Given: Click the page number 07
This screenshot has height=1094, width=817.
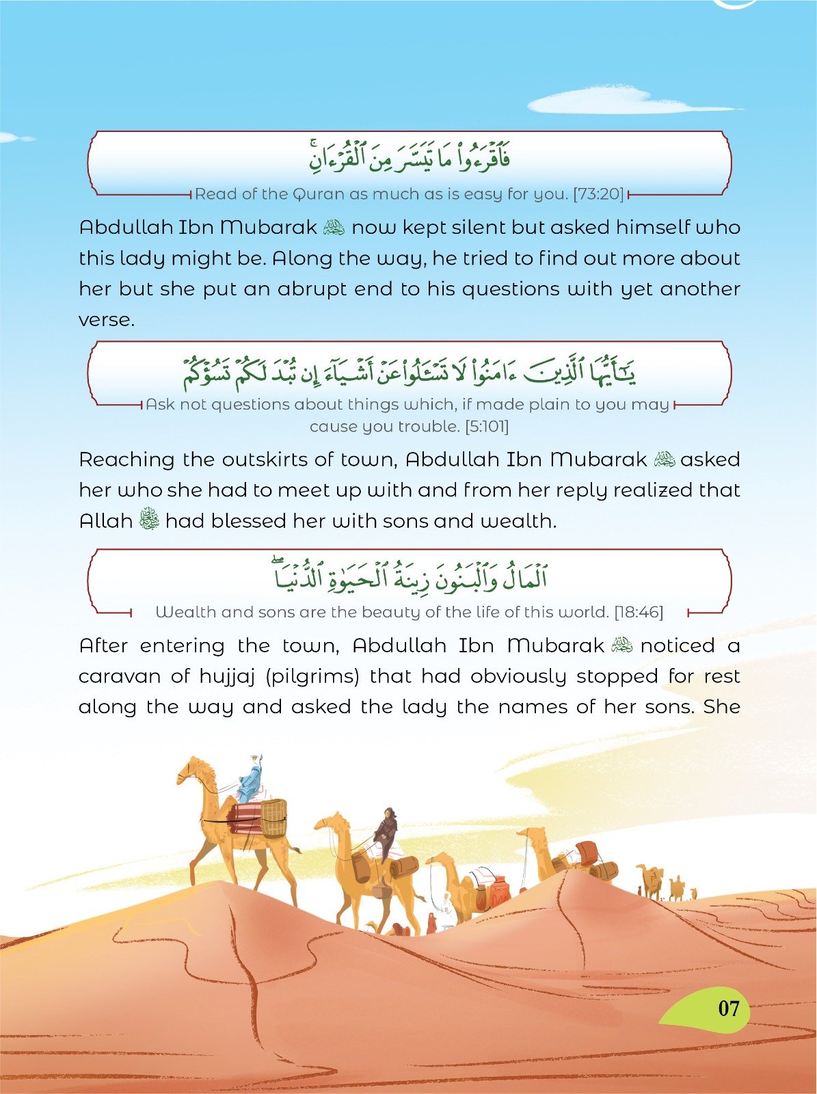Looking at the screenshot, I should pyautogui.click(x=728, y=1009).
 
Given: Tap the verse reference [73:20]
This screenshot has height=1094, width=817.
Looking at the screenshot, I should pyautogui.click(x=599, y=194).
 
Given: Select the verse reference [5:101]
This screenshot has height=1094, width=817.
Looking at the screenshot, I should pyautogui.click(x=486, y=427).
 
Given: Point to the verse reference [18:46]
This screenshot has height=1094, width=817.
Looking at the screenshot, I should pyautogui.click(x=639, y=612).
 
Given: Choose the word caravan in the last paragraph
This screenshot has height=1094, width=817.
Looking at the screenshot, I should pyautogui.click(x=119, y=677).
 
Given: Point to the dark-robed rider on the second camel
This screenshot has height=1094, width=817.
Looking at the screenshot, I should pyautogui.click(x=387, y=830).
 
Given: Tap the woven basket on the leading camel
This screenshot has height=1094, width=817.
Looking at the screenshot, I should pyautogui.click(x=273, y=818).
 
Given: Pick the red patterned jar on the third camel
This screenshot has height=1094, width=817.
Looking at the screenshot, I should pyautogui.click(x=499, y=890).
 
